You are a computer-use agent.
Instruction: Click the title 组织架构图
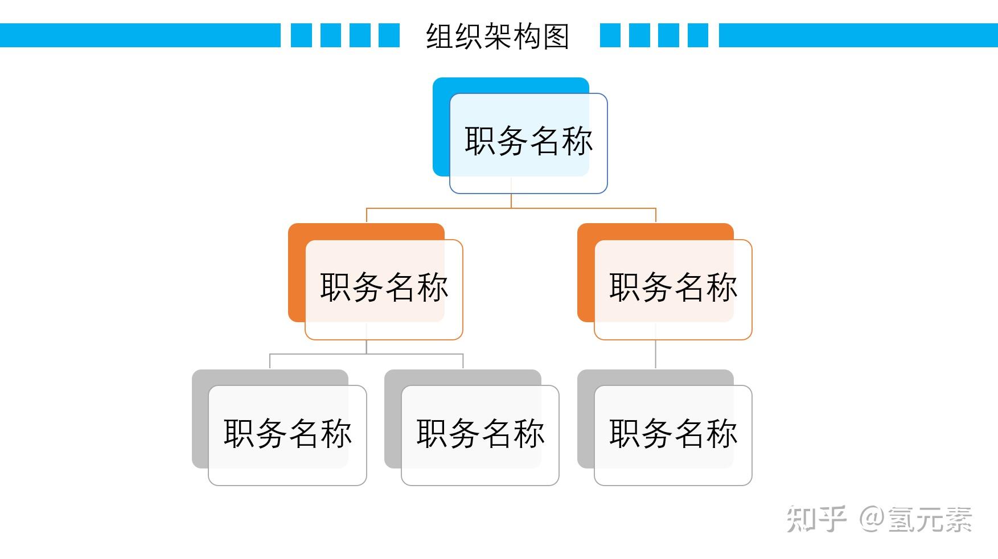click(x=498, y=36)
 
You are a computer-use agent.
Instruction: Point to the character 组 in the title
click(x=440, y=36)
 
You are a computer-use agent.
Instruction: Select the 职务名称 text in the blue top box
click(x=528, y=141)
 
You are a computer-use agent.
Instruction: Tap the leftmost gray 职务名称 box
click(x=287, y=434)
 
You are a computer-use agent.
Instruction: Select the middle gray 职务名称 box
click(x=480, y=434)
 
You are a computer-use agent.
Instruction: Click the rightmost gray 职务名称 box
click(x=673, y=434)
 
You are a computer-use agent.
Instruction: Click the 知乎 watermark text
click(x=816, y=519)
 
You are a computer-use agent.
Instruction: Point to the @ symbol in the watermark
click(x=871, y=519)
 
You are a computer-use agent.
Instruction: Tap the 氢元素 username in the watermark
click(x=929, y=519)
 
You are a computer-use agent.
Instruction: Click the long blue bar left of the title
click(x=139, y=35)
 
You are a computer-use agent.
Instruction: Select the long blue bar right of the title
click(x=858, y=35)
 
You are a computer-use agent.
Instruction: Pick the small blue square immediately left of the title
click(x=389, y=35)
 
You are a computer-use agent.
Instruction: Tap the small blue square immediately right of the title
click(x=610, y=35)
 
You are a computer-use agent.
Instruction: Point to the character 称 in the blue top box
click(x=577, y=141)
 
